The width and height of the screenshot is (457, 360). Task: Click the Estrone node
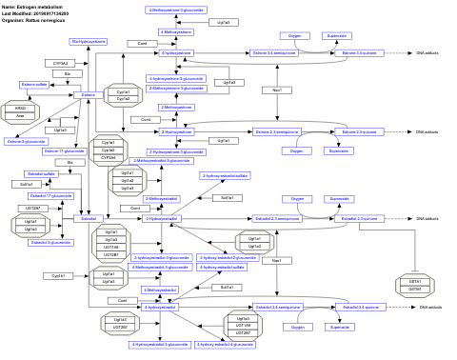pos(88,94)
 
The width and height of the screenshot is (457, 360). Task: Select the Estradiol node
pos(88,218)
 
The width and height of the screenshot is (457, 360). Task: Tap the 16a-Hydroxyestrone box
pos(89,42)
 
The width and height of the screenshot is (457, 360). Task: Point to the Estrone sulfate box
pos(34,85)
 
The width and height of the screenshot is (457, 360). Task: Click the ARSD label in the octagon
pos(21,110)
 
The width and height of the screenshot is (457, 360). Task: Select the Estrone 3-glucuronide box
pos(26,141)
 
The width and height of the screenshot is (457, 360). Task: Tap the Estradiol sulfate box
pos(41,174)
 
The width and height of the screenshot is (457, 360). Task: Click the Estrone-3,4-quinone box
pos(359,53)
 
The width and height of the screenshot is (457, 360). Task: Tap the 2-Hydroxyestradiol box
pos(162,218)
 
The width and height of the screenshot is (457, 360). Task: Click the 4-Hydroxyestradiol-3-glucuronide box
pos(159,344)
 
